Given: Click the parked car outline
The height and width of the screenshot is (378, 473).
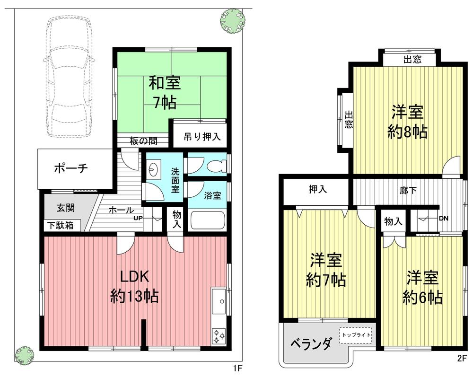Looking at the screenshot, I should pyautogui.click(x=69, y=78).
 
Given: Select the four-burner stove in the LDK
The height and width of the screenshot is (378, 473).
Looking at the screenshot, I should pyautogui.click(x=219, y=335).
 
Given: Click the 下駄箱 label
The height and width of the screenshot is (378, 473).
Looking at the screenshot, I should pyautogui.click(x=60, y=225).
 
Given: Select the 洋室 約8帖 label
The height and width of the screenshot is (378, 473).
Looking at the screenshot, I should pyautogui.click(x=407, y=122).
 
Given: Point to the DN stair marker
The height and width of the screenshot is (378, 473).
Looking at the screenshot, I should pyautogui.click(x=443, y=218).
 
